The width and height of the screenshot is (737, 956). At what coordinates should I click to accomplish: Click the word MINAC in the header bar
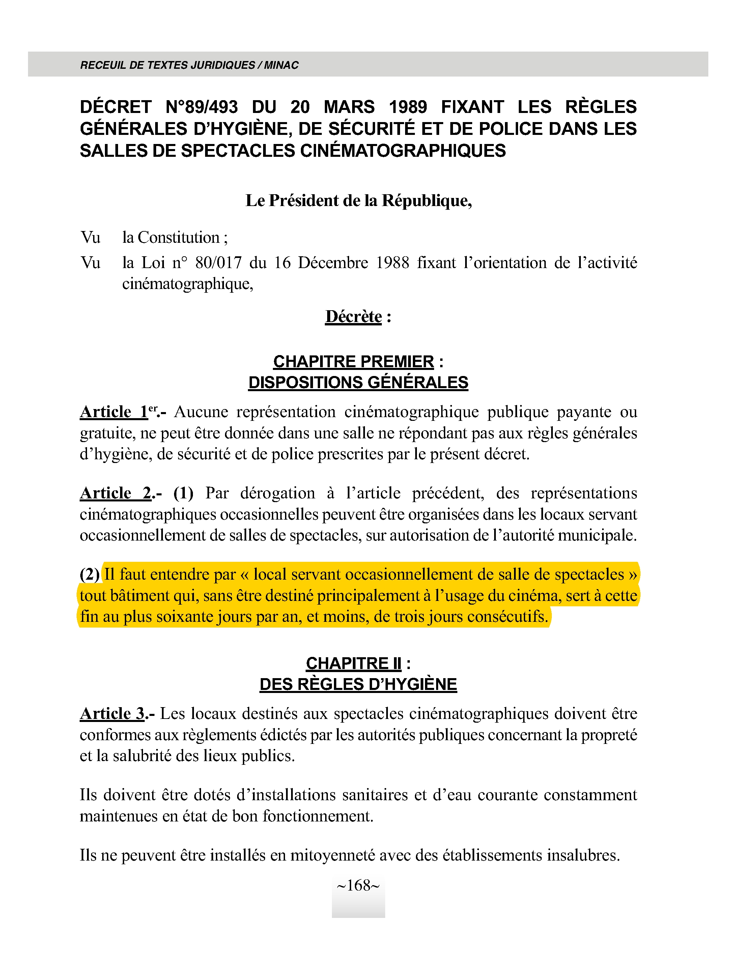281,65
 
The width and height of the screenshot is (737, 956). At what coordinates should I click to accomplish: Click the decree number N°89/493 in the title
202,107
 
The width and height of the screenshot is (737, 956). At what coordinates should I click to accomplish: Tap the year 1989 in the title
408,107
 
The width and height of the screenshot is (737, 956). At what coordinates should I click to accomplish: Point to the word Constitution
178,237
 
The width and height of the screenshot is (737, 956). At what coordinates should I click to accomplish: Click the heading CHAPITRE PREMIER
353,361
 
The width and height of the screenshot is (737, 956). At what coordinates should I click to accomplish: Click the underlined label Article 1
114,412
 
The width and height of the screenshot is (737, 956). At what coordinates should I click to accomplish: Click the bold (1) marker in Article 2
183,493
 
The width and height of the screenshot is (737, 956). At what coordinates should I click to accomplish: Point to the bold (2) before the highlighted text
89,574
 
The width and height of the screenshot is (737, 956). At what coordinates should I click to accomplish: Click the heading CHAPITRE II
353,664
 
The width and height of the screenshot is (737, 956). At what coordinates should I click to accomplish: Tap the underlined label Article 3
112,714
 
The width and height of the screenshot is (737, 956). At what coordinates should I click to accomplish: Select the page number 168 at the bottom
358,886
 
